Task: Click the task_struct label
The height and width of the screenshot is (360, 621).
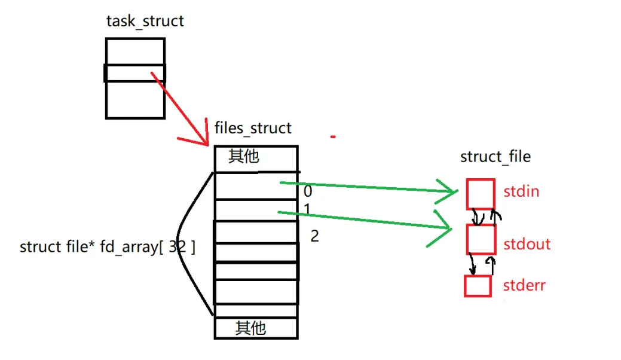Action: point(145,22)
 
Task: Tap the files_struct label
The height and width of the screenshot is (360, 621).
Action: point(253,128)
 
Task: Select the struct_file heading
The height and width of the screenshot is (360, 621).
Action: point(495,157)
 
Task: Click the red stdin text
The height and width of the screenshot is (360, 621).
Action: point(521,192)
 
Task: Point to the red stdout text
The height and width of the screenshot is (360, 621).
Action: point(527,244)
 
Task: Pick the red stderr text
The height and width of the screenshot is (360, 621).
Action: point(524,285)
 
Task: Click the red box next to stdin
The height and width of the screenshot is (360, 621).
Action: point(480,194)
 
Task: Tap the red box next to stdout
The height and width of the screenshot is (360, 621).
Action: point(481,239)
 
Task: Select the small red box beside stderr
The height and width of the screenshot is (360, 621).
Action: point(478,285)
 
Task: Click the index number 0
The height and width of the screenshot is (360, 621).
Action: point(308,192)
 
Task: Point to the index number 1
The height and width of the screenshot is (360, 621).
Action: point(307,209)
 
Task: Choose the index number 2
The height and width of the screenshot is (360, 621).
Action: point(314,236)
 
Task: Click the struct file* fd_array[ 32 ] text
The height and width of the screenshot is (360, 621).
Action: point(108,247)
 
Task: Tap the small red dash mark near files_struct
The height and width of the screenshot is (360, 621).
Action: point(333,137)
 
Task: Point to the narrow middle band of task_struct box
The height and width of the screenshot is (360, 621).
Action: point(135,73)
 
